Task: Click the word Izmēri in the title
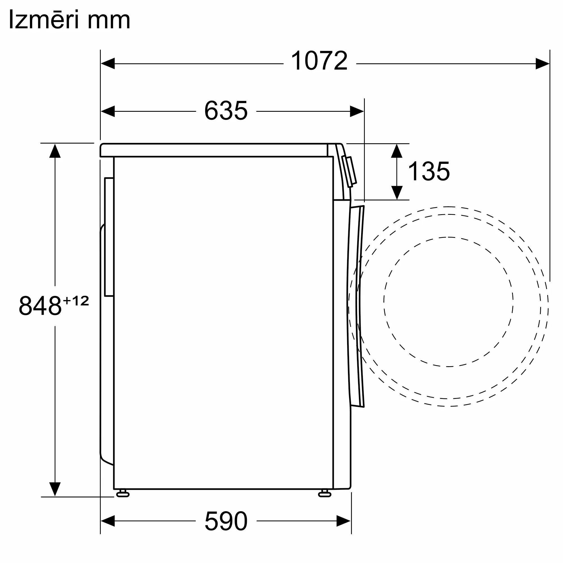pyautogui.click(x=44, y=19)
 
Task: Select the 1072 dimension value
pyautogui.click(x=320, y=61)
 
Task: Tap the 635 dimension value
pyautogui.click(x=226, y=110)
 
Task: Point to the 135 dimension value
pyautogui.click(x=429, y=171)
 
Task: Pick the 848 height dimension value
pyautogui.click(x=40, y=306)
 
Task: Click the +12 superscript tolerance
pyautogui.click(x=76, y=301)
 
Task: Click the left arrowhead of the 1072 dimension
pyautogui.click(x=108, y=64)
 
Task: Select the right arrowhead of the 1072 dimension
pyautogui.click(x=543, y=64)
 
